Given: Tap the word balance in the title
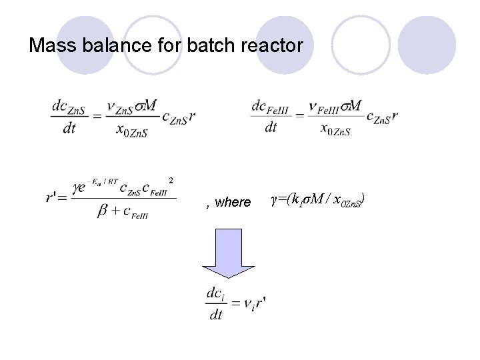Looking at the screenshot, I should click(109, 46).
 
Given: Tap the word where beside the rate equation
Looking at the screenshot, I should click(232, 202).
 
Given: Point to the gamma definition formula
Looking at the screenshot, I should click(319, 200).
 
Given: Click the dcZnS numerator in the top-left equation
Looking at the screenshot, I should click(69, 106).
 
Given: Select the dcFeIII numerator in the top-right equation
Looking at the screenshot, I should click(270, 107).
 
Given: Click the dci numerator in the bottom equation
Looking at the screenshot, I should click(215, 293).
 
